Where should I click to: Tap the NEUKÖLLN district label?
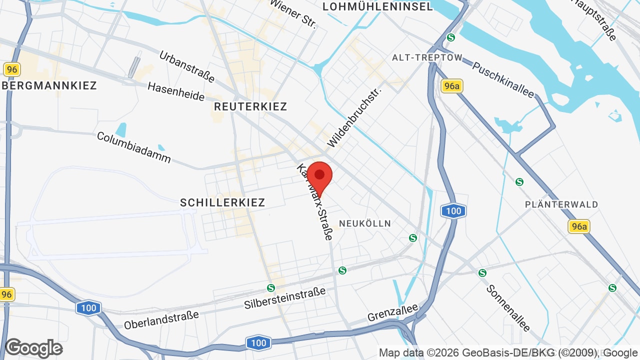365,223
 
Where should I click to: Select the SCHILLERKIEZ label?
222,202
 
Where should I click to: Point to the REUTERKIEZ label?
250,106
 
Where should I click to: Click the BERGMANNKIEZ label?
49,85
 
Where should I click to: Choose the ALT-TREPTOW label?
427,57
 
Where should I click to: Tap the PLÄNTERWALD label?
561,204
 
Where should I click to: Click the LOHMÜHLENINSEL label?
377,6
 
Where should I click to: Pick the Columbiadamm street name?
134,147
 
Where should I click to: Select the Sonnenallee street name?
508,308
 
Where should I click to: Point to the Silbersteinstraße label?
285,298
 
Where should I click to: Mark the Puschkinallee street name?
503,80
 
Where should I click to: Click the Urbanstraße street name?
187,66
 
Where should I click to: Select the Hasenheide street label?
176,91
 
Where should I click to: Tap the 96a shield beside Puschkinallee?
452,86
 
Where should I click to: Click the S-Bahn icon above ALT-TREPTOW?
451,37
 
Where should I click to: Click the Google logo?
33,348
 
